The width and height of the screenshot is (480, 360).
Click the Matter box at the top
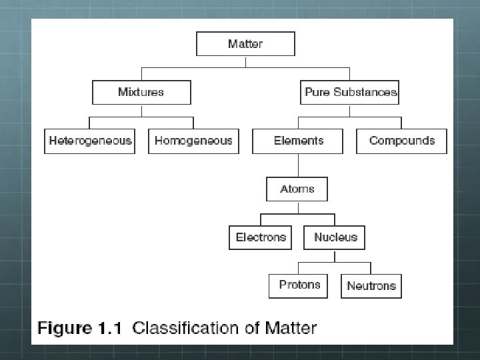(x=245, y=44)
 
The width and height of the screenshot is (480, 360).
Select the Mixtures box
(x=141, y=92)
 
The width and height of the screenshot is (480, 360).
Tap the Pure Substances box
(x=350, y=92)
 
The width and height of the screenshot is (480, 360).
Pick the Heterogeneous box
(x=90, y=141)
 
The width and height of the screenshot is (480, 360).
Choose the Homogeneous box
(x=193, y=141)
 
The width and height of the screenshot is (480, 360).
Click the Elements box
(x=298, y=141)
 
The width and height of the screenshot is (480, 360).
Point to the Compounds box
(x=401, y=141)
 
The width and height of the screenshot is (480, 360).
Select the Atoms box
(x=297, y=189)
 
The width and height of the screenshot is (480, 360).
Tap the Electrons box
(x=261, y=237)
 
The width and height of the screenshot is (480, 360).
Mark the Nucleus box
(x=335, y=237)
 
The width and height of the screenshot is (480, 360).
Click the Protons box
(x=299, y=285)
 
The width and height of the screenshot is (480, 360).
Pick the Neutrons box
(x=371, y=285)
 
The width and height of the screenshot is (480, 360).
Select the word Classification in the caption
(x=184, y=328)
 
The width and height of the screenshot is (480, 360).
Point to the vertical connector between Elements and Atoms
(x=298, y=165)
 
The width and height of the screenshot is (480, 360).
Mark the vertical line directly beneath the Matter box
(x=245, y=61)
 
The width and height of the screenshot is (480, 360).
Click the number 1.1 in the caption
(x=111, y=328)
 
